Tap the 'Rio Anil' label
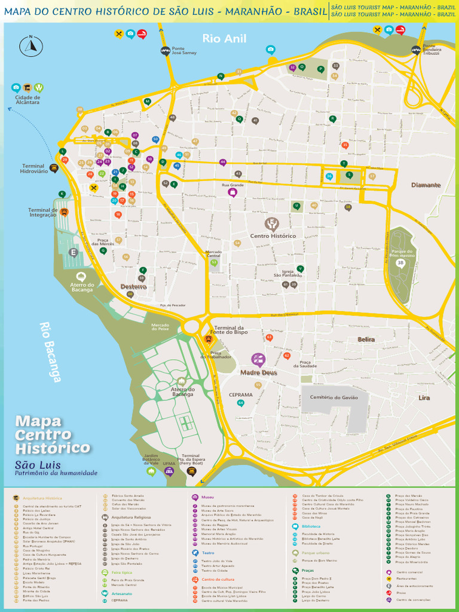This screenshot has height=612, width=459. click(x=224, y=39)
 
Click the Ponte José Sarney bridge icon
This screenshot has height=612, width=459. click(x=166, y=51)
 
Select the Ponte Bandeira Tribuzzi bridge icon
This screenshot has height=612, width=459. click(x=416, y=50)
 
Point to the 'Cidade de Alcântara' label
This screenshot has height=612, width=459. click(x=27, y=100)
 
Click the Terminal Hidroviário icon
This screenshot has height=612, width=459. click(x=54, y=167)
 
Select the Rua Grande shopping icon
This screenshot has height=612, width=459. click(x=233, y=192)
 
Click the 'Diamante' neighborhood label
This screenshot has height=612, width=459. click(x=426, y=185)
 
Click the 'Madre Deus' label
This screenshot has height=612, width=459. click(x=259, y=373)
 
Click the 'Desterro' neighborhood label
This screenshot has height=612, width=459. click(x=133, y=287)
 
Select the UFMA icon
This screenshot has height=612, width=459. click(x=169, y=472)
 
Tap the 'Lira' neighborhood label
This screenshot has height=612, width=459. click(x=424, y=397)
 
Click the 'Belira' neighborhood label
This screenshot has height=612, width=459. click(x=366, y=339)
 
